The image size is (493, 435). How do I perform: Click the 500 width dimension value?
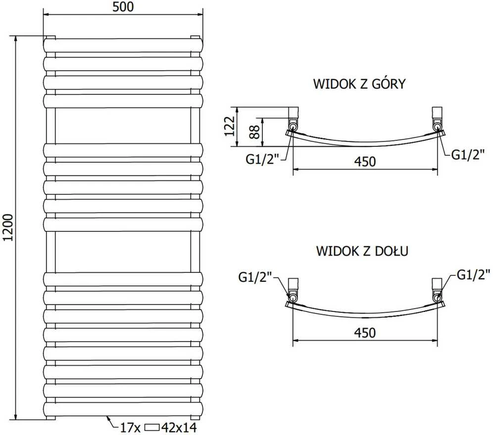[123, 6]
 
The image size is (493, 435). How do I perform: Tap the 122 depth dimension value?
[230, 126]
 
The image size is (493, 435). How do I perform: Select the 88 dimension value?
[255, 132]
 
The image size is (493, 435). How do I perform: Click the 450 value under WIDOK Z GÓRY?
[365, 162]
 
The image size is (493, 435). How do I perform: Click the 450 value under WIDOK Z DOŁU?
[365, 333]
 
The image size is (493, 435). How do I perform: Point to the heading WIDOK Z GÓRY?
[359, 84]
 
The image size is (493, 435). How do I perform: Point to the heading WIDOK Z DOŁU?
[362, 251]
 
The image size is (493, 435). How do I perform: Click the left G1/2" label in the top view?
[262, 159]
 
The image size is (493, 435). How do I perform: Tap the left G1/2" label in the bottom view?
[255, 277]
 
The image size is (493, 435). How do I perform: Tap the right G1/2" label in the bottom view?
[474, 275]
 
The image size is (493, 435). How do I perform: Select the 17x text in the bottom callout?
[130, 428]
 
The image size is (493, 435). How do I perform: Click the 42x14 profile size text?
[179, 428]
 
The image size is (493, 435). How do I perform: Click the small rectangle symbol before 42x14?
[152, 428]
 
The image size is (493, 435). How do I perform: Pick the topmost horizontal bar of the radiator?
[123, 45]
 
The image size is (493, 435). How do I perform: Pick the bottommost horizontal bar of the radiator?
[123, 409]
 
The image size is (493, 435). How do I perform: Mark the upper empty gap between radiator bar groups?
[123, 126]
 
